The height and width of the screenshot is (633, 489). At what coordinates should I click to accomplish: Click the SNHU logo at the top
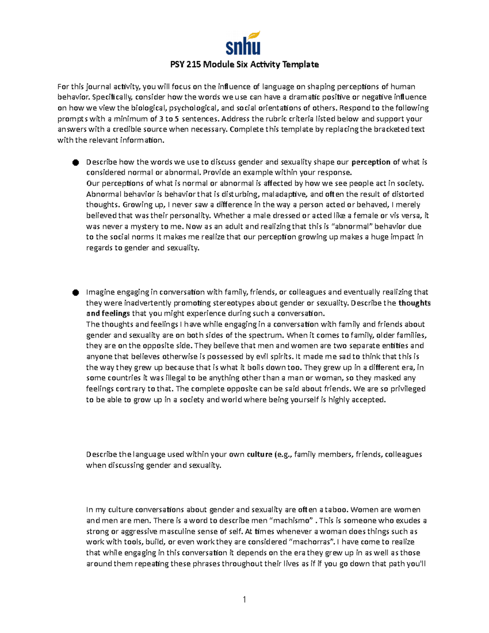click(243, 43)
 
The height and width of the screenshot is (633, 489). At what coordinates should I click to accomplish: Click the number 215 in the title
click(194, 64)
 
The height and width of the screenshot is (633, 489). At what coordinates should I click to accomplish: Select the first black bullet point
click(75, 163)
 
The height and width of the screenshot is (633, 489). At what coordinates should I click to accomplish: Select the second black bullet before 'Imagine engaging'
click(75, 293)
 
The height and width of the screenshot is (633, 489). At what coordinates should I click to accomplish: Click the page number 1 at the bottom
click(244, 599)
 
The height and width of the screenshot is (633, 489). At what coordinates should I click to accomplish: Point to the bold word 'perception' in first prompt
click(371, 162)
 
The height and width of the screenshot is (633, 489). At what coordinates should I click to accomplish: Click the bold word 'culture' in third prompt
click(260, 454)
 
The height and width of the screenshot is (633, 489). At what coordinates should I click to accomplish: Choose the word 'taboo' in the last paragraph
click(337, 509)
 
